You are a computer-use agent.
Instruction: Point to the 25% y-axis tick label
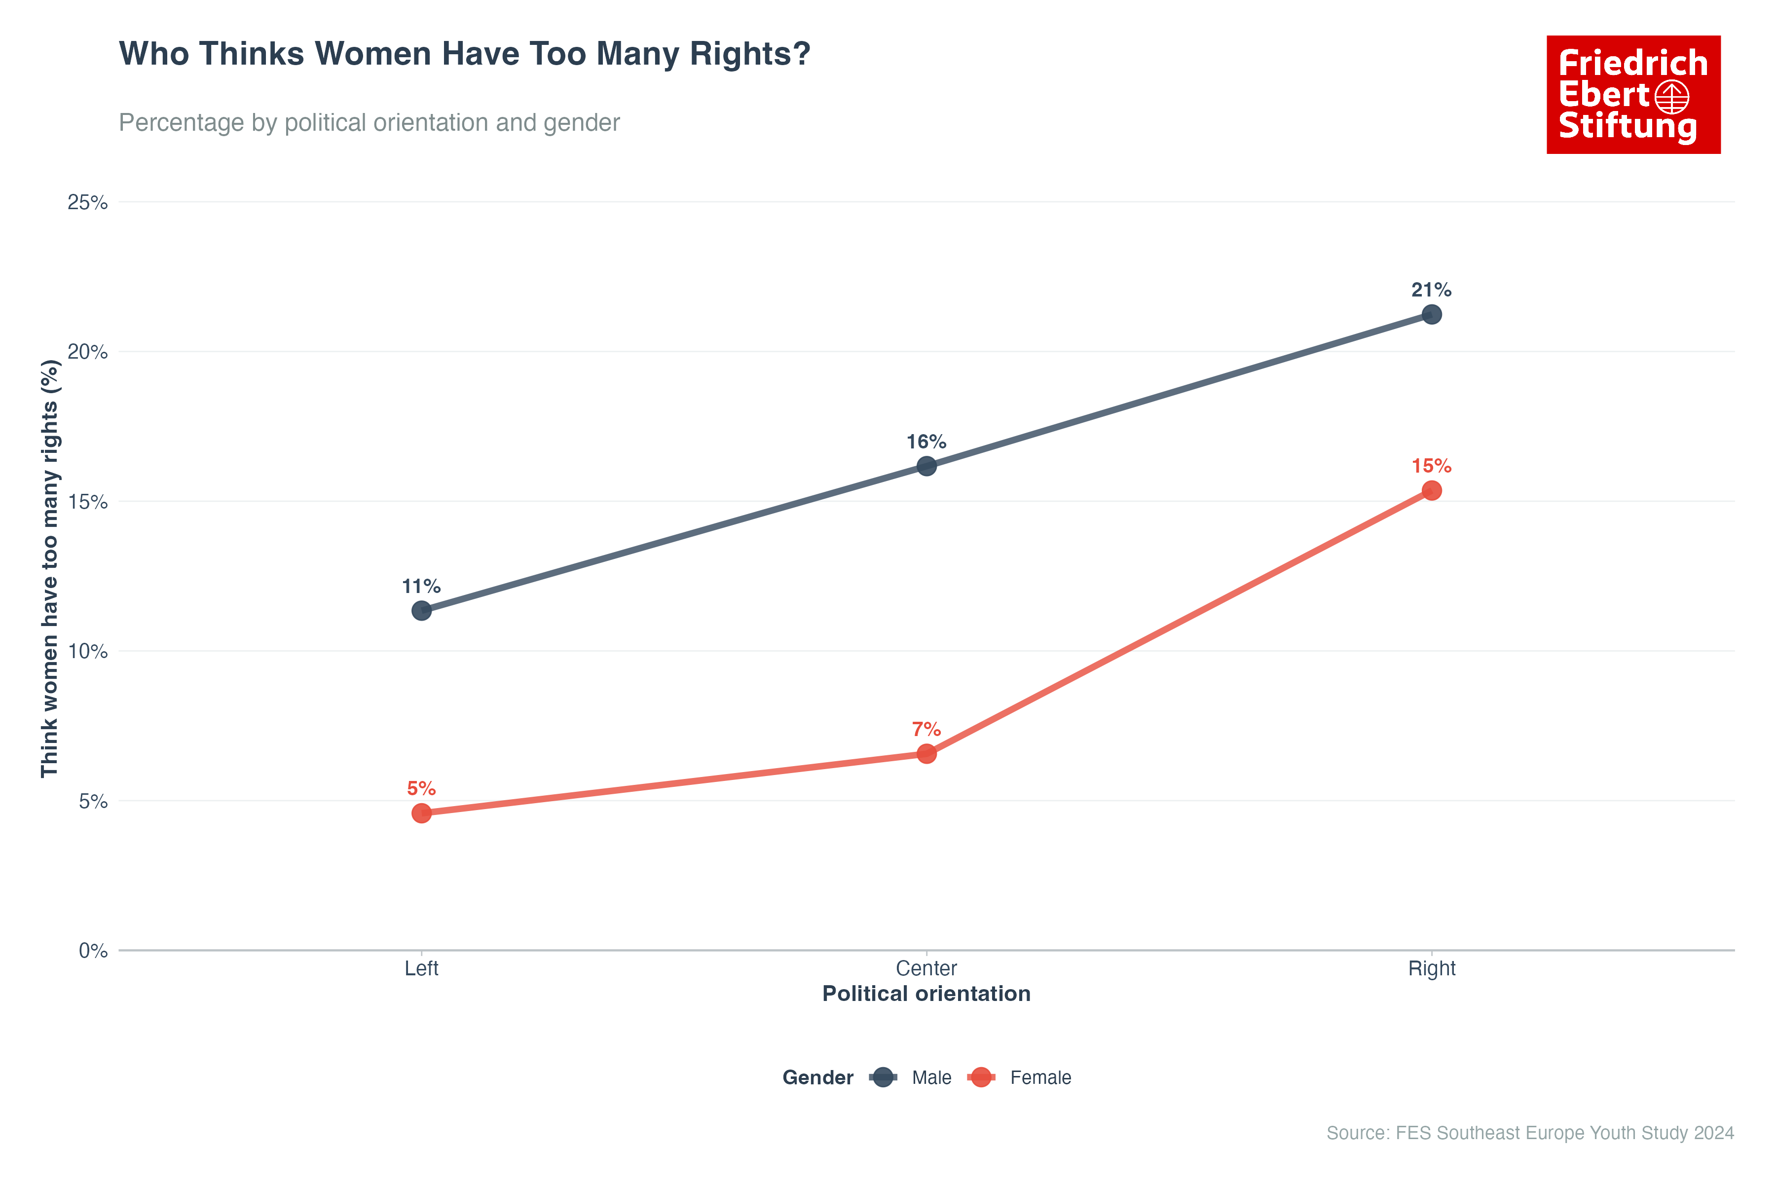88,202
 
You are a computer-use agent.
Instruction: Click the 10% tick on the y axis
88,652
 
